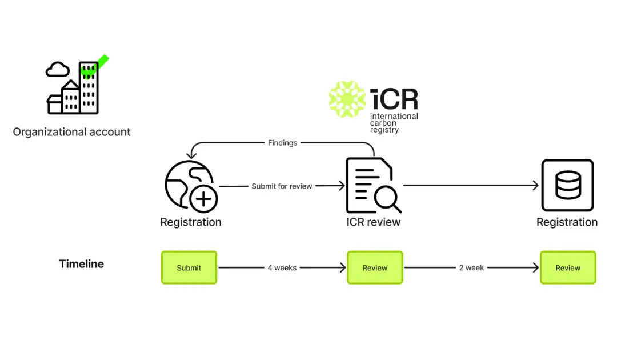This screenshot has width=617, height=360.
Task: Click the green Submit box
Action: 189,267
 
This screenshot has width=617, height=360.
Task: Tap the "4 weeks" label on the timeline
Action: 282,267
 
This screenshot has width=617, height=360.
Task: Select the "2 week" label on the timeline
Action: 471,267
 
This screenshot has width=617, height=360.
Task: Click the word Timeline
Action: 82,263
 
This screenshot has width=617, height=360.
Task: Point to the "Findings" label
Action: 283,143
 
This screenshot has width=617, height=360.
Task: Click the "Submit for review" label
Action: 282,186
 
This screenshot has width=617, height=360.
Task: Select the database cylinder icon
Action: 568,185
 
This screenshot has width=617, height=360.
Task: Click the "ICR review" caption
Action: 374,222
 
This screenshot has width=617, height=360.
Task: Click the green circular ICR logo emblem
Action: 347,99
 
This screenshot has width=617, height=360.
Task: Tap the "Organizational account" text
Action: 71,132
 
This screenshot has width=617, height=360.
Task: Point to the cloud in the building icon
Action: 58,70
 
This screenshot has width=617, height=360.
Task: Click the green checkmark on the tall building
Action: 94,66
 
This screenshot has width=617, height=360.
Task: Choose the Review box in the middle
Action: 375,267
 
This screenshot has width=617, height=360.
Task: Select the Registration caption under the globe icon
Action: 191,222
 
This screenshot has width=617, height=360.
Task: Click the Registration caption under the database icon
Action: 567,222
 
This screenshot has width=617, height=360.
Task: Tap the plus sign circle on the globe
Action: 203,199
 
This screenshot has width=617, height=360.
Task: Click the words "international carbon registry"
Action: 394,123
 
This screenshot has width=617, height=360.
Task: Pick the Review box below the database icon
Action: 568,267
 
